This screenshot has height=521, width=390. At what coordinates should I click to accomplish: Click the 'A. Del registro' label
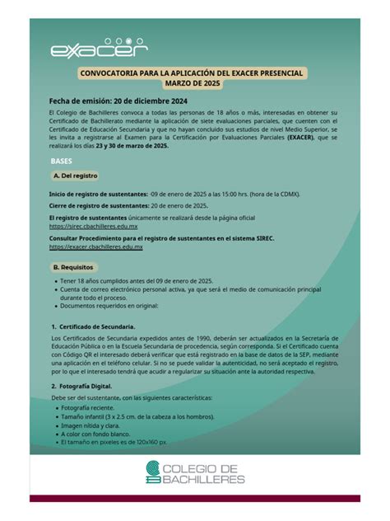[x=75, y=176]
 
